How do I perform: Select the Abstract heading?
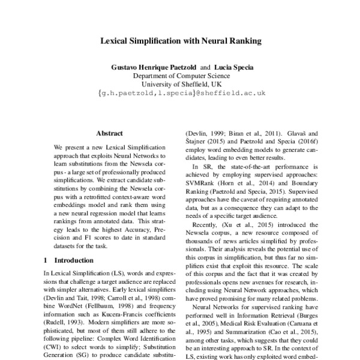pos(109,133)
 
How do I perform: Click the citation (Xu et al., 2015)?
pos(247,221)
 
